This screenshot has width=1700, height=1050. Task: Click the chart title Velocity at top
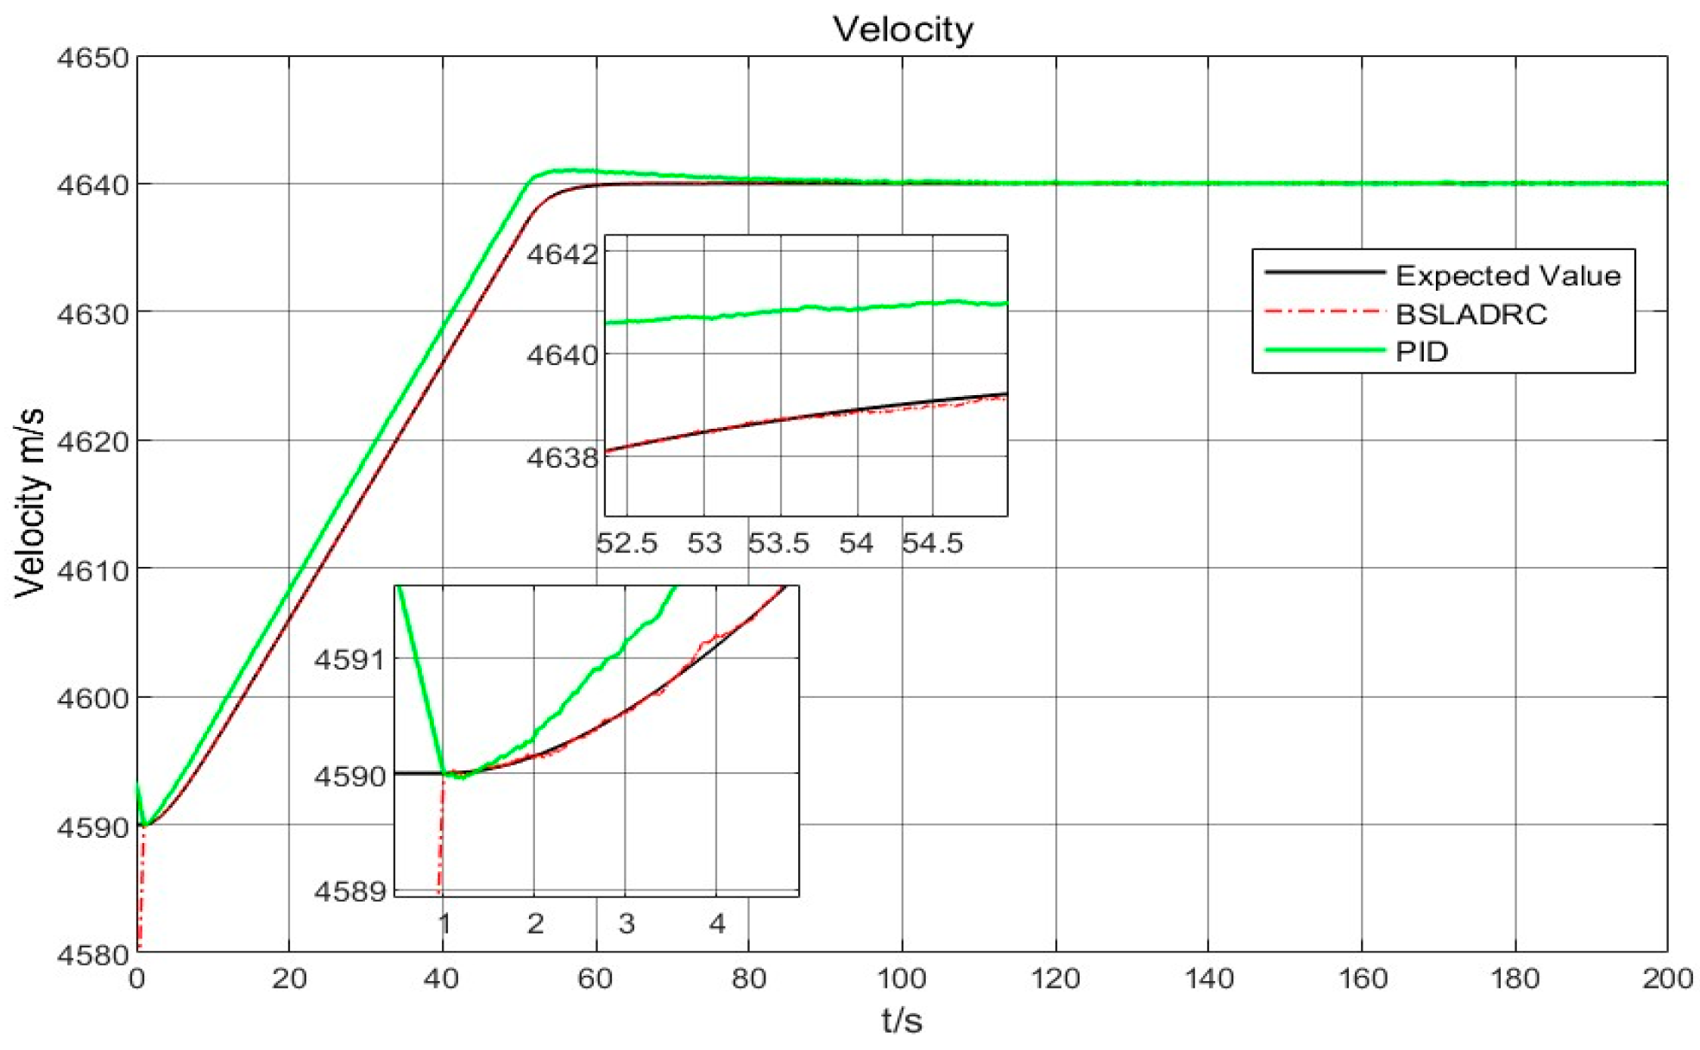tap(903, 29)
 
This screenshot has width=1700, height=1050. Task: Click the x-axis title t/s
tap(902, 1022)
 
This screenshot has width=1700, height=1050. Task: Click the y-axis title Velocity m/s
tap(30, 503)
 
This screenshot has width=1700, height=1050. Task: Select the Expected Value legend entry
tap(1508, 275)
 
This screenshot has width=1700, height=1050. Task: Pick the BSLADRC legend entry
tap(1471, 314)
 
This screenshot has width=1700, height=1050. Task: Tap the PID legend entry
tap(1422, 352)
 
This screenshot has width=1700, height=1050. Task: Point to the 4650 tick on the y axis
tap(92, 59)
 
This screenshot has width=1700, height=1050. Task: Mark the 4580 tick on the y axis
tap(92, 955)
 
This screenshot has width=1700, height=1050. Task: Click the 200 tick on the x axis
tap(1667, 978)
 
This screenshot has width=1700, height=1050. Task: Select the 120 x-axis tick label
tap(1055, 978)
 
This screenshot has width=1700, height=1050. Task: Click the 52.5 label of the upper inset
tap(627, 543)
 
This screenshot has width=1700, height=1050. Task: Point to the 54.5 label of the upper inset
tap(933, 543)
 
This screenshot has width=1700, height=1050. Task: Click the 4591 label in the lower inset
tap(349, 660)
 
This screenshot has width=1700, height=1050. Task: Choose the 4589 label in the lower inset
tap(349, 890)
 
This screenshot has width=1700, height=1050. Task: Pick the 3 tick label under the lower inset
tap(626, 924)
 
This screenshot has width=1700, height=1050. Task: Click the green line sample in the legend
tap(1325, 350)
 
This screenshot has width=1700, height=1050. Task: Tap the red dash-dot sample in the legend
tap(1325, 311)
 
